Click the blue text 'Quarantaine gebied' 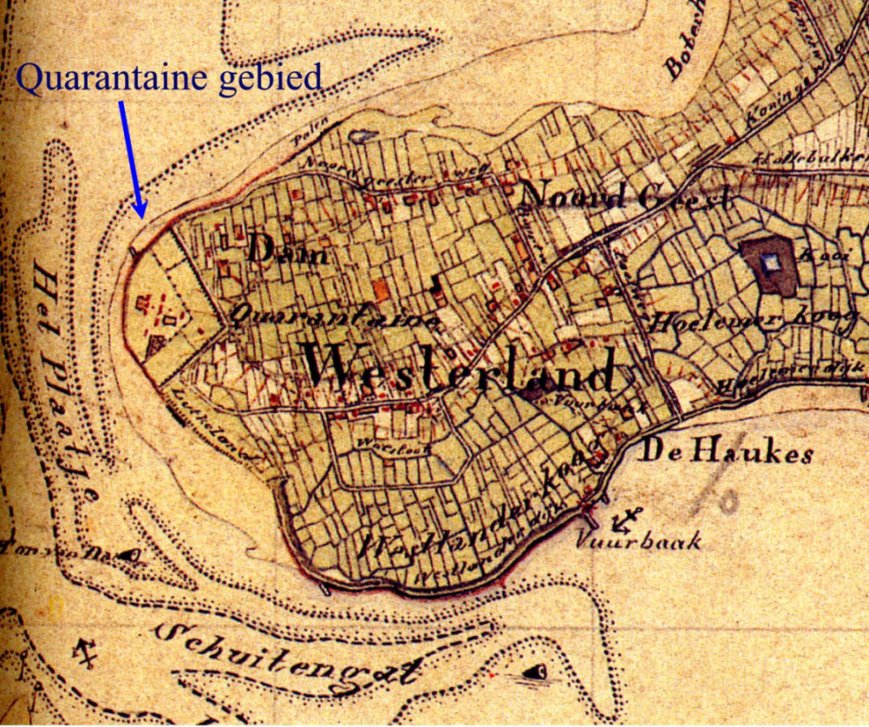click(169, 79)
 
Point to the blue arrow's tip click(142, 217)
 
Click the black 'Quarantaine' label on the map click(334, 317)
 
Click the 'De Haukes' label click(727, 452)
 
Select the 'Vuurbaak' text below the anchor click(640, 541)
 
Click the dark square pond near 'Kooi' click(771, 264)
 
